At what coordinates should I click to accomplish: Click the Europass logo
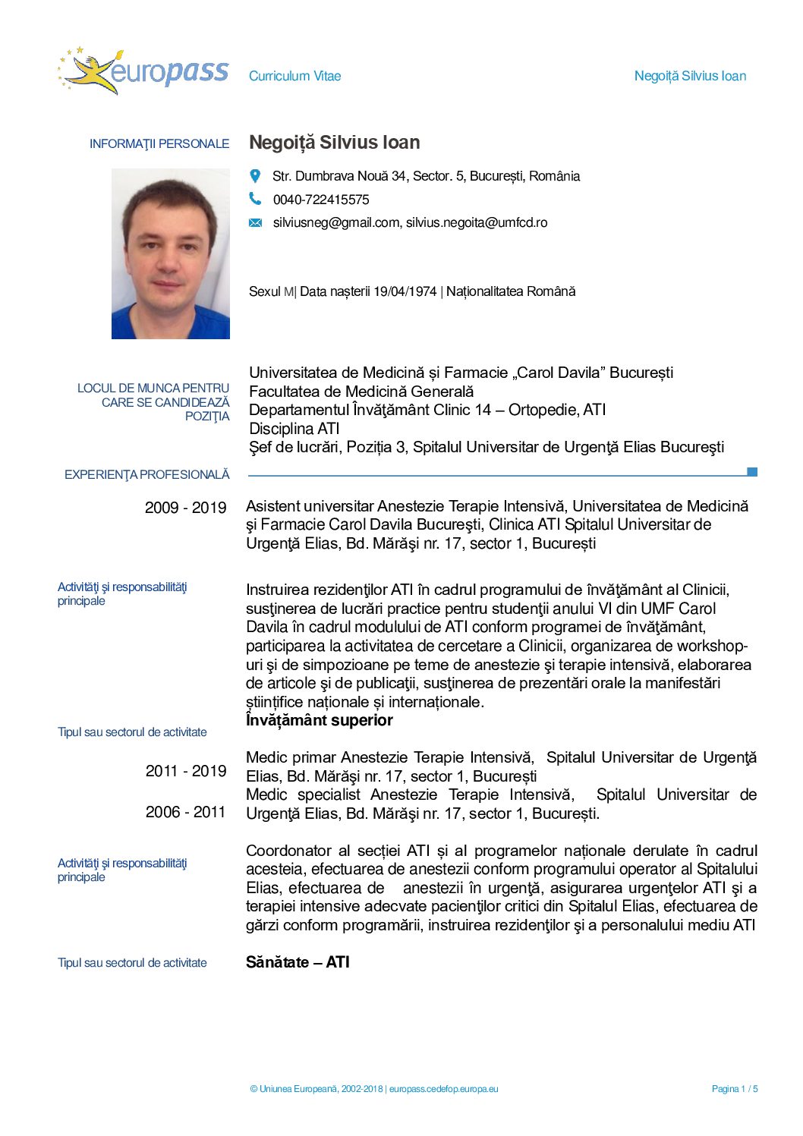click(x=143, y=72)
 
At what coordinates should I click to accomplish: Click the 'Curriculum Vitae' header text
click(x=294, y=76)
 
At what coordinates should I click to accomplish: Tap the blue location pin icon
click(x=255, y=176)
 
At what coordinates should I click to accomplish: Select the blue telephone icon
click(x=255, y=199)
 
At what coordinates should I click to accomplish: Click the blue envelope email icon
click(x=256, y=223)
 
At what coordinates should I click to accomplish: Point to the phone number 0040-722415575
click(x=321, y=200)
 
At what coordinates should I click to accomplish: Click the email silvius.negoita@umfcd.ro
click(x=477, y=222)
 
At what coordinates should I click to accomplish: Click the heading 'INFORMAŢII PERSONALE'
click(x=159, y=143)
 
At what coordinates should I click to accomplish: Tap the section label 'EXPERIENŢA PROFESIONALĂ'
click(x=146, y=474)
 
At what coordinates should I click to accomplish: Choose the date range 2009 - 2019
click(x=185, y=508)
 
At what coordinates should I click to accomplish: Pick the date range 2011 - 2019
click(x=186, y=771)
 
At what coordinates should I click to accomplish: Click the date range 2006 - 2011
click(x=185, y=812)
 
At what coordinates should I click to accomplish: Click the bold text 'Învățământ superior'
click(x=320, y=720)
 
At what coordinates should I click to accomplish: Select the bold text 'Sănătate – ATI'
click(x=298, y=962)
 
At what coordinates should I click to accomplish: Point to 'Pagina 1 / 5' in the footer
click(x=734, y=1089)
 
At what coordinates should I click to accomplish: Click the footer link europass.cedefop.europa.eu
click(x=444, y=1089)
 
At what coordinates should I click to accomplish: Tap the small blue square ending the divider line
click(x=752, y=472)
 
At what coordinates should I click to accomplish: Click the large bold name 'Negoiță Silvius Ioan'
click(x=335, y=143)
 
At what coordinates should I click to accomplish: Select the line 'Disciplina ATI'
click(x=294, y=429)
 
